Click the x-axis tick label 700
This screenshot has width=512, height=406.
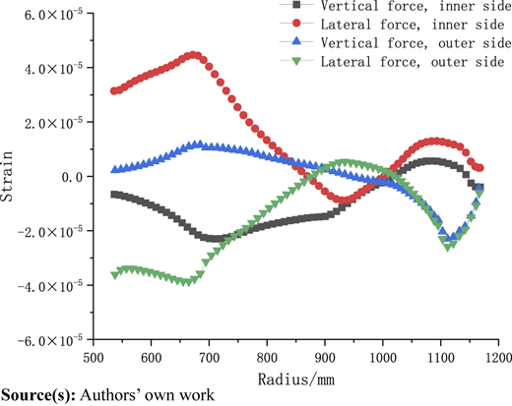pyautogui.click(x=209, y=357)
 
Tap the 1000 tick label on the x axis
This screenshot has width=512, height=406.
pyautogui.click(x=383, y=357)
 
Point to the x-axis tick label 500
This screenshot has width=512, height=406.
pyautogui.click(x=94, y=357)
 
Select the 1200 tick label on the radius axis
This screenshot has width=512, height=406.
pyautogui.click(x=498, y=357)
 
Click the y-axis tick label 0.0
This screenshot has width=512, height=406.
pyautogui.click(x=72, y=177)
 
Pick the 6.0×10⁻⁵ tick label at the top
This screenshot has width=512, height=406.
pyautogui.click(x=53, y=14)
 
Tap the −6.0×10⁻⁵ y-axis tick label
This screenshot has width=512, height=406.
pyautogui.click(x=50, y=340)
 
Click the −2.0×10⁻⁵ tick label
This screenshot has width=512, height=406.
pyautogui.click(x=50, y=231)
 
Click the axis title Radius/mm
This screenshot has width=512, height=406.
pyautogui.click(x=296, y=379)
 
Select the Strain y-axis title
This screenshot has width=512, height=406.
pyautogui.click(x=6, y=176)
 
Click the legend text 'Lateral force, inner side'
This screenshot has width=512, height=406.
pyautogui.click(x=413, y=25)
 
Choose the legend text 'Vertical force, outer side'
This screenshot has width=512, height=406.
pyautogui.click(x=416, y=43)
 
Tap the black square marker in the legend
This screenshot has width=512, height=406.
pyautogui.click(x=296, y=4)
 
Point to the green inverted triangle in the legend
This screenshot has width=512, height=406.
pyautogui.click(x=296, y=61)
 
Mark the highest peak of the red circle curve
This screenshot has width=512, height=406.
pyautogui.click(x=193, y=55)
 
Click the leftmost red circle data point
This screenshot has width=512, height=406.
pyautogui.click(x=114, y=90)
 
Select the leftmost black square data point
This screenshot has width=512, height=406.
pyautogui.click(x=114, y=195)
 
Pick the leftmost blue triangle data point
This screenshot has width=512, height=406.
pyautogui.click(x=114, y=169)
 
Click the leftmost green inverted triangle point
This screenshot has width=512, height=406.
pyautogui.click(x=114, y=275)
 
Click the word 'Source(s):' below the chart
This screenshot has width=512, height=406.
pyautogui.click(x=38, y=395)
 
